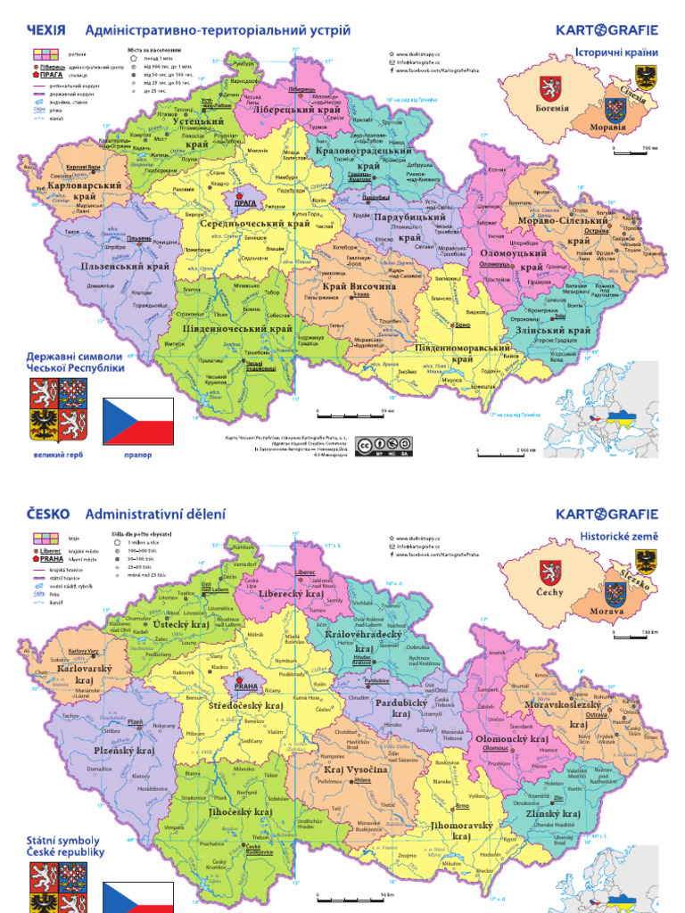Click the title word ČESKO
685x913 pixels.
click(50, 514)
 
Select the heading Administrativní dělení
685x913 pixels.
click(156, 514)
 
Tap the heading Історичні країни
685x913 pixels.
click(615, 52)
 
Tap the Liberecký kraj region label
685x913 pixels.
click(291, 593)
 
